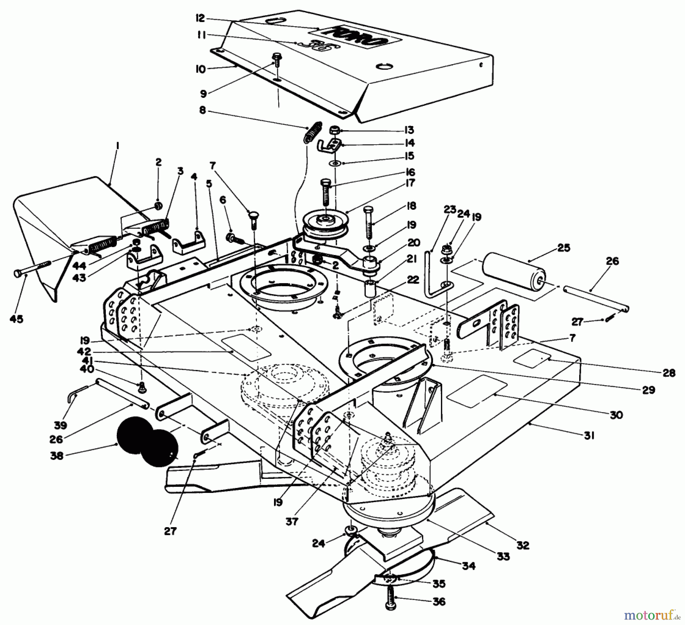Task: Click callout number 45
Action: click(16, 319)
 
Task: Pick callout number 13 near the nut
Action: click(409, 130)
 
